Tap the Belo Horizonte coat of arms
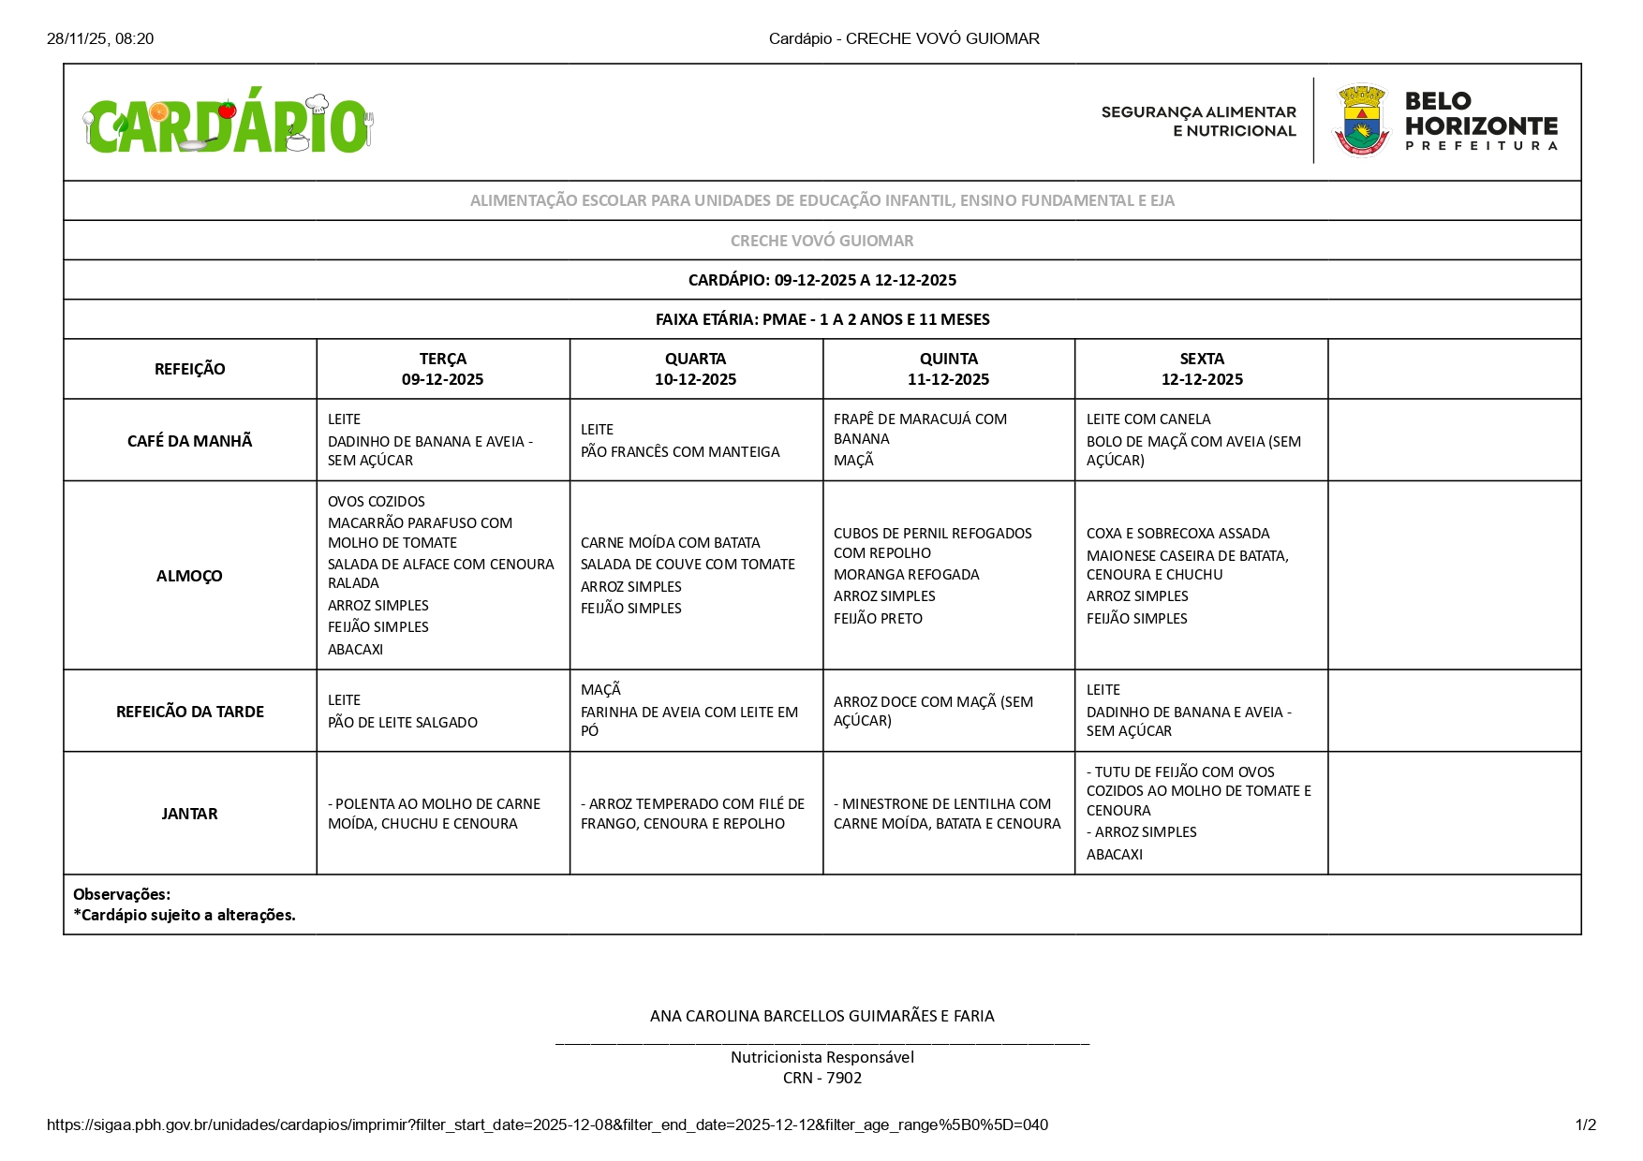click(1361, 121)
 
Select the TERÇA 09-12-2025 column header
click(442, 369)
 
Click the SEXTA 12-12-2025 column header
click(1202, 369)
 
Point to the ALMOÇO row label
click(189, 576)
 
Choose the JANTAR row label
click(189, 814)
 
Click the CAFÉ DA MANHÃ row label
click(189, 441)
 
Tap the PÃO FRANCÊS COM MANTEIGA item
click(680, 452)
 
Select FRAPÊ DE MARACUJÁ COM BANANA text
click(920, 429)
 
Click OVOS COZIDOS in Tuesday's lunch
click(377, 502)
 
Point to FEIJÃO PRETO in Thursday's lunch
click(878, 619)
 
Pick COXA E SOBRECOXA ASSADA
click(1177, 534)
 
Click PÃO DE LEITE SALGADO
click(403, 723)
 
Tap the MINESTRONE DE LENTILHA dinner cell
click(947, 814)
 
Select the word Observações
click(122, 894)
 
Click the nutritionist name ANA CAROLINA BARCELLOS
click(821, 1016)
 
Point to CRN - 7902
click(821, 1078)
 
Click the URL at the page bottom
click(547, 1124)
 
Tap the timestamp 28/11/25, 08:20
click(100, 38)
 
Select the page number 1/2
click(1585, 1124)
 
